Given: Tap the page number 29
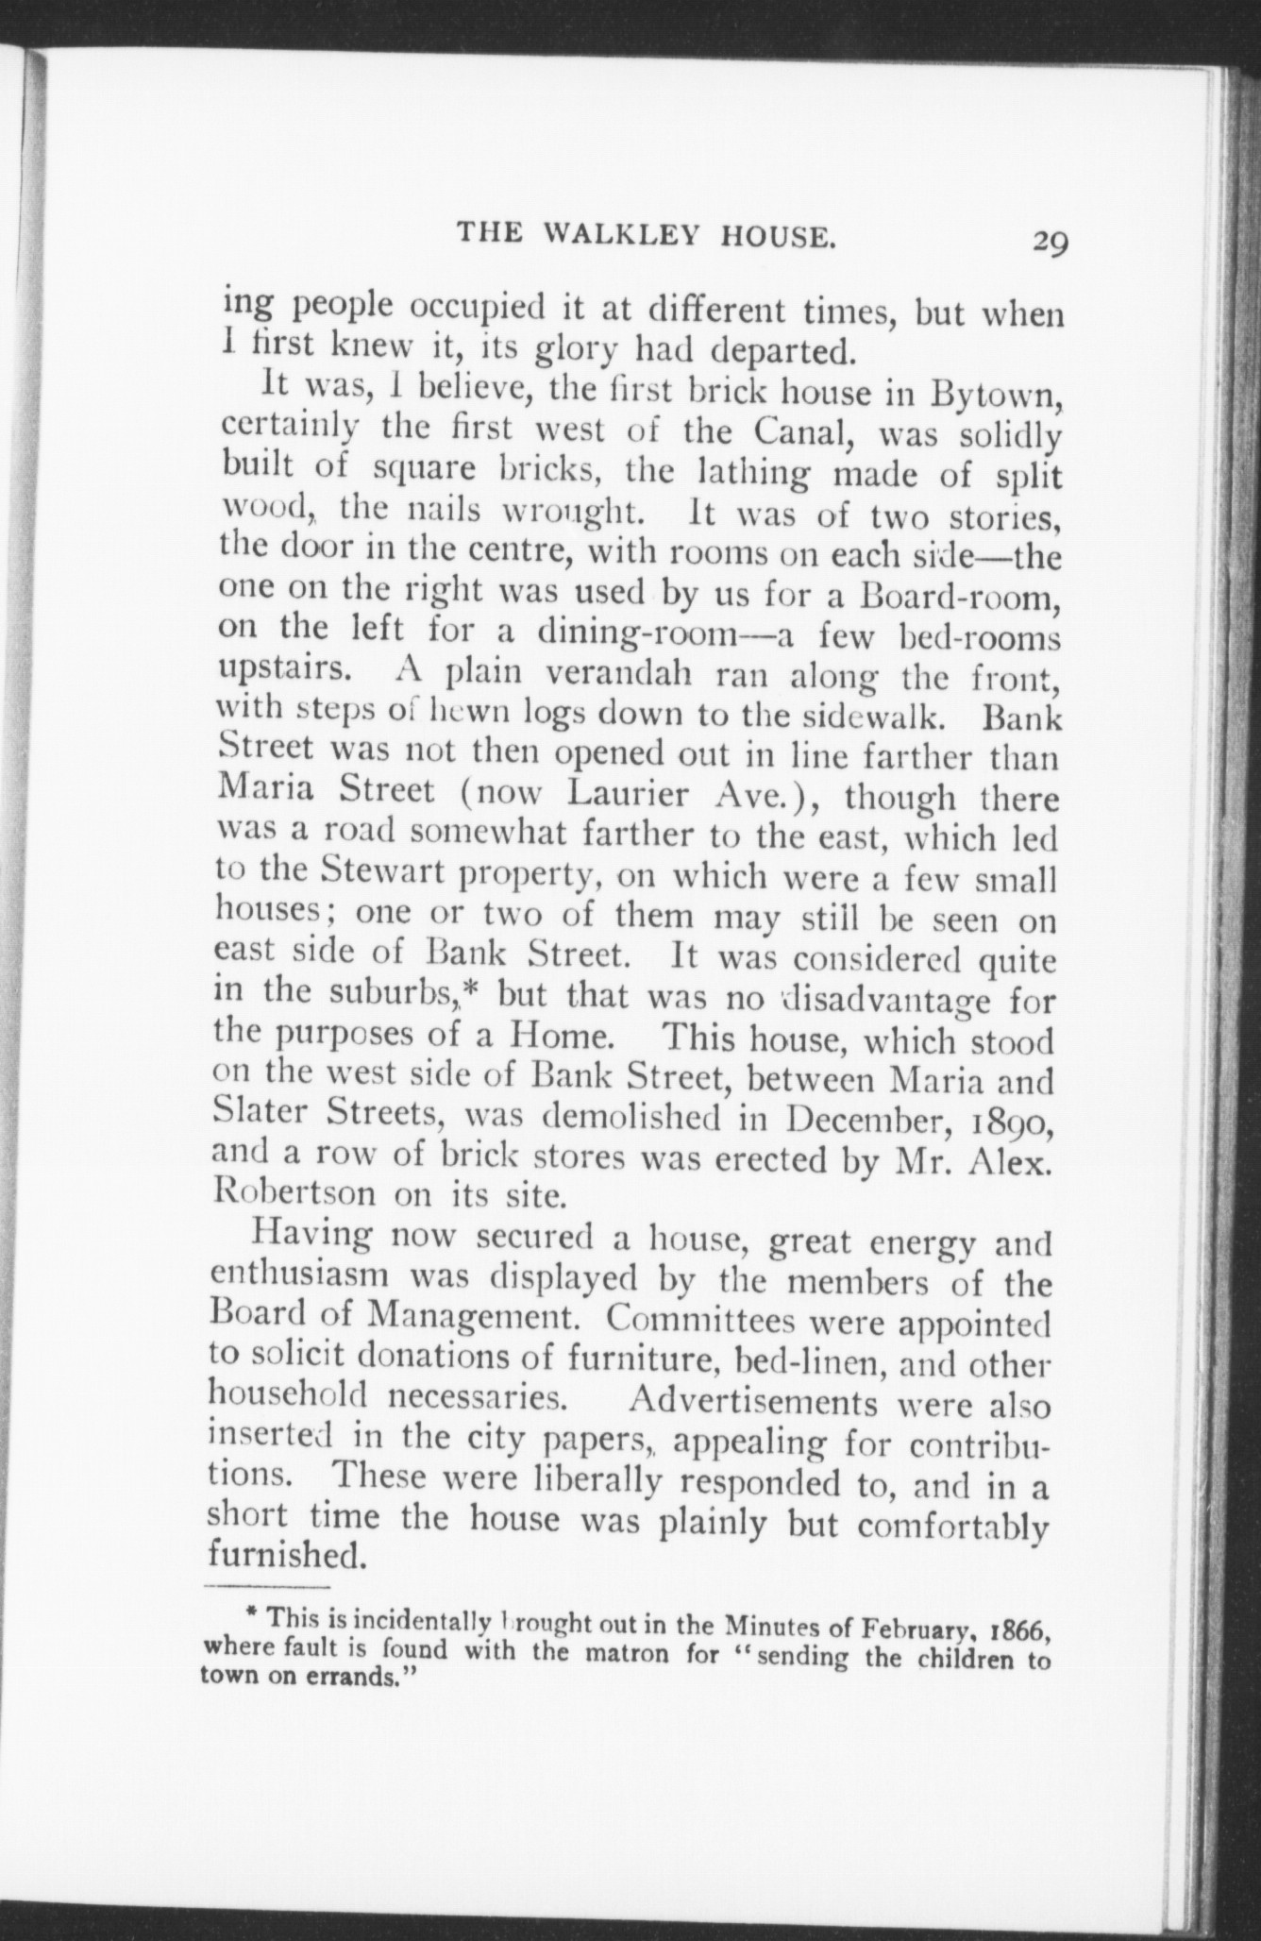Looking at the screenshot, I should click(1049, 242).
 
